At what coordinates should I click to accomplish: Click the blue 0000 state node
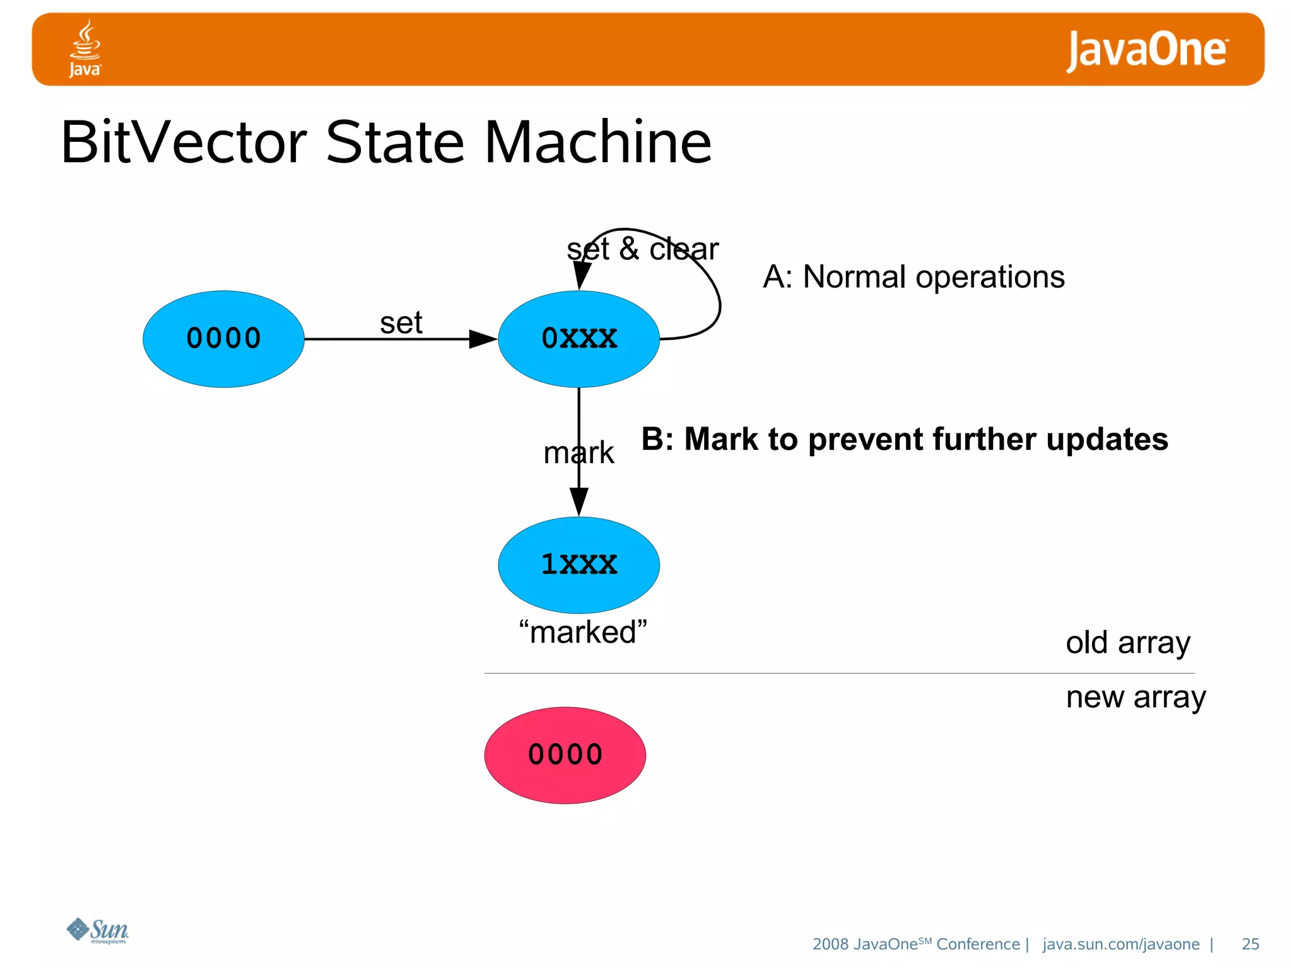(x=223, y=339)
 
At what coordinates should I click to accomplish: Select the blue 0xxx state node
(x=578, y=339)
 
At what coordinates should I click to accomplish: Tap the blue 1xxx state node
(x=578, y=565)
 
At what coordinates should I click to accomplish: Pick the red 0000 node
(x=565, y=755)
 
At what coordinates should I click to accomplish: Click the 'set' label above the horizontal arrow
(x=401, y=323)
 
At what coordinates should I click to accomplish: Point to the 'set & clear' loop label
(x=642, y=249)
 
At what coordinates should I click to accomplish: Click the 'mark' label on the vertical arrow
(x=578, y=452)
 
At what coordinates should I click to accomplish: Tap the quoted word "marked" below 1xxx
(x=583, y=632)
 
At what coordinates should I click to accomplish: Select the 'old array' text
(x=1127, y=643)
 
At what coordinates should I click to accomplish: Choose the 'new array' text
(x=1136, y=697)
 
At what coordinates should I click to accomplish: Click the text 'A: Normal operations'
(x=913, y=277)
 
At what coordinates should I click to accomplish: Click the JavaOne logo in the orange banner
(x=1146, y=50)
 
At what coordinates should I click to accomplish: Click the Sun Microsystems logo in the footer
(x=98, y=931)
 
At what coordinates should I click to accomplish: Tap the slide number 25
(x=1250, y=944)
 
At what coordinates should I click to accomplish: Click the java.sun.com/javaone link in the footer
(x=1120, y=944)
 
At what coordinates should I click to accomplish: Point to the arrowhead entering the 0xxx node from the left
(x=484, y=339)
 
